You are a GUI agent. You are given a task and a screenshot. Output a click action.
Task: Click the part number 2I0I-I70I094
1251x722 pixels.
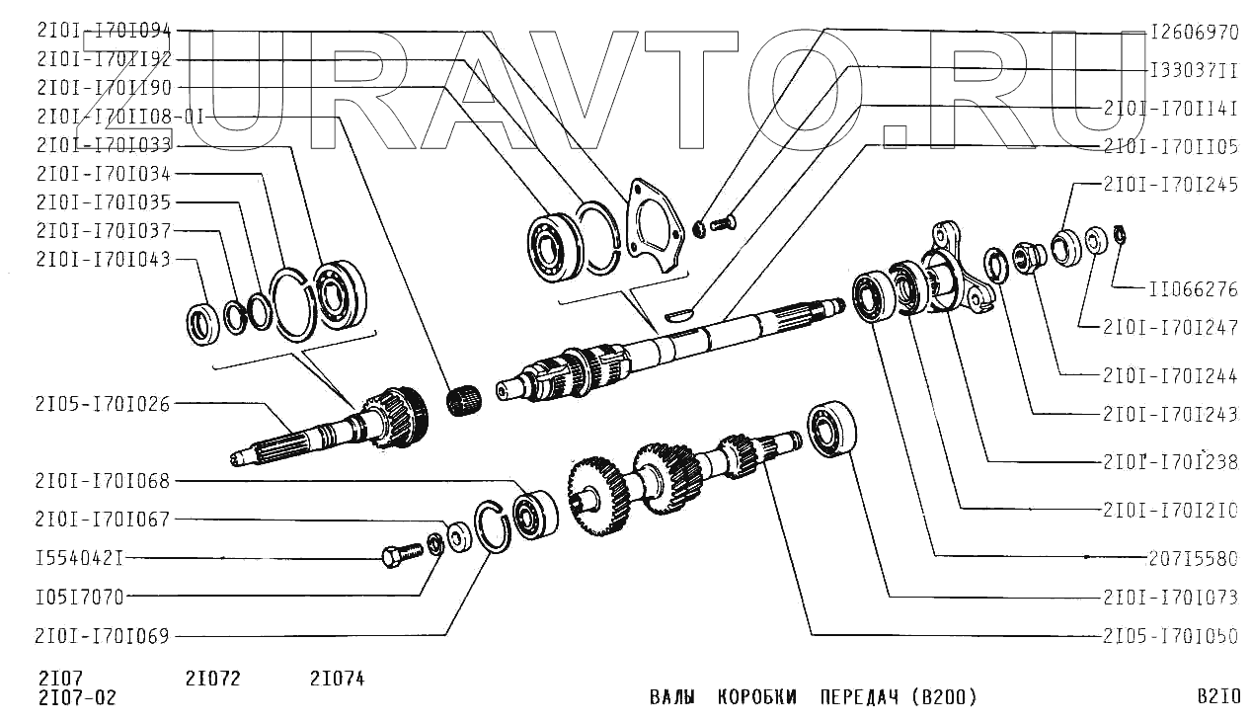(104, 31)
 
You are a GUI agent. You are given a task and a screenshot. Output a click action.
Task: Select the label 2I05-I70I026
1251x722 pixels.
(103, 404)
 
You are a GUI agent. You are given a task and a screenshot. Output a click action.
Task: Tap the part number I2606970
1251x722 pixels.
(1195, 33)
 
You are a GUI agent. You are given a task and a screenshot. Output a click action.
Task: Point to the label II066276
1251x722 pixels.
(1193, 289)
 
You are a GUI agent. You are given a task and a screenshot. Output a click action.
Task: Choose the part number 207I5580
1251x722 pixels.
(1193, 558)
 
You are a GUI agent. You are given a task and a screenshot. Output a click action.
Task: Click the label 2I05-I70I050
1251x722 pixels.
(1171, 636)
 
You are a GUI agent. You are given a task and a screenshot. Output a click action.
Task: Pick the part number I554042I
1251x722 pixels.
(80, 558)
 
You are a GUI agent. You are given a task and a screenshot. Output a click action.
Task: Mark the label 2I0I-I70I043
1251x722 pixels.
(103, 260)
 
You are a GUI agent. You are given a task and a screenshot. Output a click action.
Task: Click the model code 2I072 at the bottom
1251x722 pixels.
(213, 679)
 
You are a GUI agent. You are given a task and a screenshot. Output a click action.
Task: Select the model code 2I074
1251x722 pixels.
(338, 679)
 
